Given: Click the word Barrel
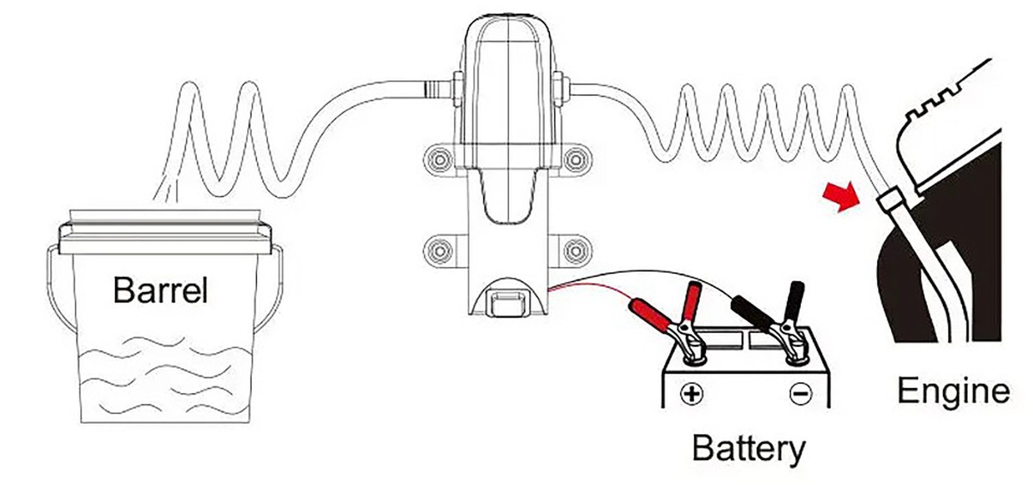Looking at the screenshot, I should click(x=161, y=290).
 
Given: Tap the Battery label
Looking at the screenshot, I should click(x=749, y=449).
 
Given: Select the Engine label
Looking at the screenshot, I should click(x=953, y=390).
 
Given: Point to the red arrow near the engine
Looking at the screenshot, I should click(x=839, y=197).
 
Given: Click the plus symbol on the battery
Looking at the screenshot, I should click(x=691, y=393).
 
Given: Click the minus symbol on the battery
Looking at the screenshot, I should click(x=801, y=393).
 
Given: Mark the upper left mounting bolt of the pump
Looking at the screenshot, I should click(x=437, y=159).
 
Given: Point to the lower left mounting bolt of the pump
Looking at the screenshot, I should click(x=437, y=250).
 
